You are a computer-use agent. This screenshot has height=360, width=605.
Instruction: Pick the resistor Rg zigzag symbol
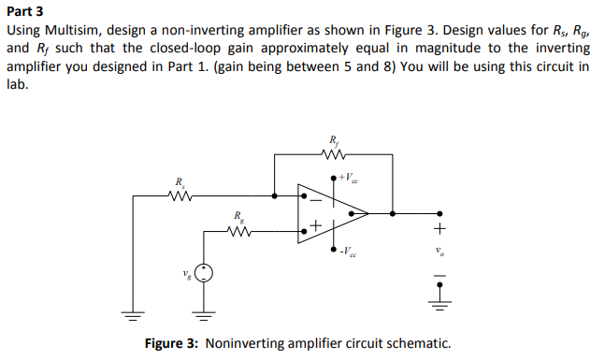click(239, 230)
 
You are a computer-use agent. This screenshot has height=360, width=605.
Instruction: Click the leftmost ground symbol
click(133, 313)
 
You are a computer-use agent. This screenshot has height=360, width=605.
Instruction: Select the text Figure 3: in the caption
click(171, 343)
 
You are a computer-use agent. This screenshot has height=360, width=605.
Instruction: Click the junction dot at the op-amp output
click(392, 213)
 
